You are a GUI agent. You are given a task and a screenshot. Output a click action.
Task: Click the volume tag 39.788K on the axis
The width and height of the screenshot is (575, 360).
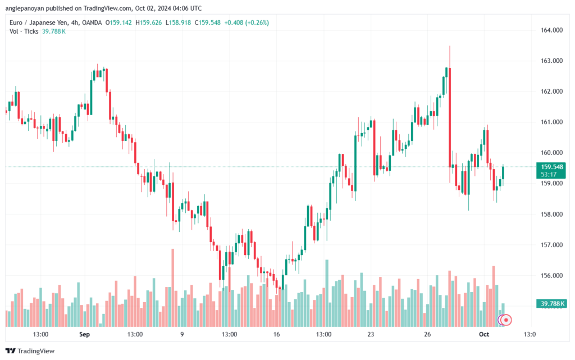pos(553,304)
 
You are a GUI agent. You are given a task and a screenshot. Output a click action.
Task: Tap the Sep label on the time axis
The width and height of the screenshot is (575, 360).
pos(85,334)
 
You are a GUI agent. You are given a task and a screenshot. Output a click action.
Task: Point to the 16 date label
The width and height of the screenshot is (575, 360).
pos(276,334)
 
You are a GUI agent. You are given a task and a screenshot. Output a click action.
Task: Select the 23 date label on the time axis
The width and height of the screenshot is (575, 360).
pos(371,334)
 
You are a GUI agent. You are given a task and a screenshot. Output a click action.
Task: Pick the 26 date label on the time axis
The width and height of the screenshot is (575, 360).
pos(427,334)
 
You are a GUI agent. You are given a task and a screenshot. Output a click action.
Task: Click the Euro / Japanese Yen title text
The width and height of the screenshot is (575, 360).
pos(40,22)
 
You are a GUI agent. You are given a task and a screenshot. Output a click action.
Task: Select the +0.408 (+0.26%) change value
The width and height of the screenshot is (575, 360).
pos(247,22)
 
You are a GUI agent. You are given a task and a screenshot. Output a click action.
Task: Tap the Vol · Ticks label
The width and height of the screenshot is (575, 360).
pos(24,31)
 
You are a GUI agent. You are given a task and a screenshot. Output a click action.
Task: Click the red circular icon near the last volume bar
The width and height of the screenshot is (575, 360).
pos(506,320)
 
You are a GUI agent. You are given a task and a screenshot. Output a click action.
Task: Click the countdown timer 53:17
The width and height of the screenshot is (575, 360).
pos(549,175)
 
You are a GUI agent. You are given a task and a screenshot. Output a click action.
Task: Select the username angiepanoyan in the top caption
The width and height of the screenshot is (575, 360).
pos(28,7)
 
